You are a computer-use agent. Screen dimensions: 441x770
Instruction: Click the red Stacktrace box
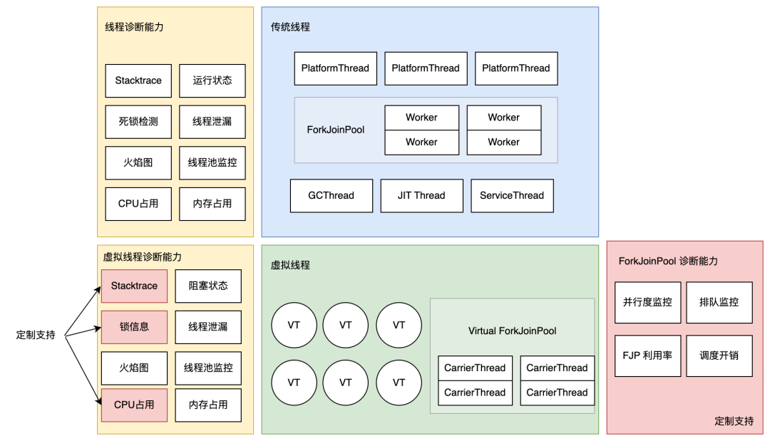coord(134,286)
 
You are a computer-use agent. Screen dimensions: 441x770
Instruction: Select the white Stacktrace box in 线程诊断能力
coord(138,81)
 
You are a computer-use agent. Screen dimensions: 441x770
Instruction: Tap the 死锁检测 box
coord(138,122)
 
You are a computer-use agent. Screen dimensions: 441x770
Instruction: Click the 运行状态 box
coord(212,81)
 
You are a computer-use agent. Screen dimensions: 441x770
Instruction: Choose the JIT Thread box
coord(421,195)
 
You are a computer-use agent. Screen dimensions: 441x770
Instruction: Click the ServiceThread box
coord(512,195)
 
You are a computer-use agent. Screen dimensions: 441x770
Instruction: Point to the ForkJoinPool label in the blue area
coord(336,130)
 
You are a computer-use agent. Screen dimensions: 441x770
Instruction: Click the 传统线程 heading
coord(290,27)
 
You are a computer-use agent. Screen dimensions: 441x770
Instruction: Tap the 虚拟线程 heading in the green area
coord(290,265)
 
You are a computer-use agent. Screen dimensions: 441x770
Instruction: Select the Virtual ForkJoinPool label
coord(512,331)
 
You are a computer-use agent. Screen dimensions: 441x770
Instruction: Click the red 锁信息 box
coord(134,327)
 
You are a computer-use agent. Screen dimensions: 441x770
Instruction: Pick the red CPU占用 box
coord(134,405)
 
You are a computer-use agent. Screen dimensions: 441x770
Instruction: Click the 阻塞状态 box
coord(208,286)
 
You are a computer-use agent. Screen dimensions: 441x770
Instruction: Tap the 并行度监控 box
coord(647,302)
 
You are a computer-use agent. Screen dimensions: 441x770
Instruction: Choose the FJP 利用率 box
coord(647,356)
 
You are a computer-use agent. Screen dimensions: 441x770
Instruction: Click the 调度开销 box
coord(719,356)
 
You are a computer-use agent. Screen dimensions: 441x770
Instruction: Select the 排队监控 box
coord(719,302)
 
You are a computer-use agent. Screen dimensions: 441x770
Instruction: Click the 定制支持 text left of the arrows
coord(36,334)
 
